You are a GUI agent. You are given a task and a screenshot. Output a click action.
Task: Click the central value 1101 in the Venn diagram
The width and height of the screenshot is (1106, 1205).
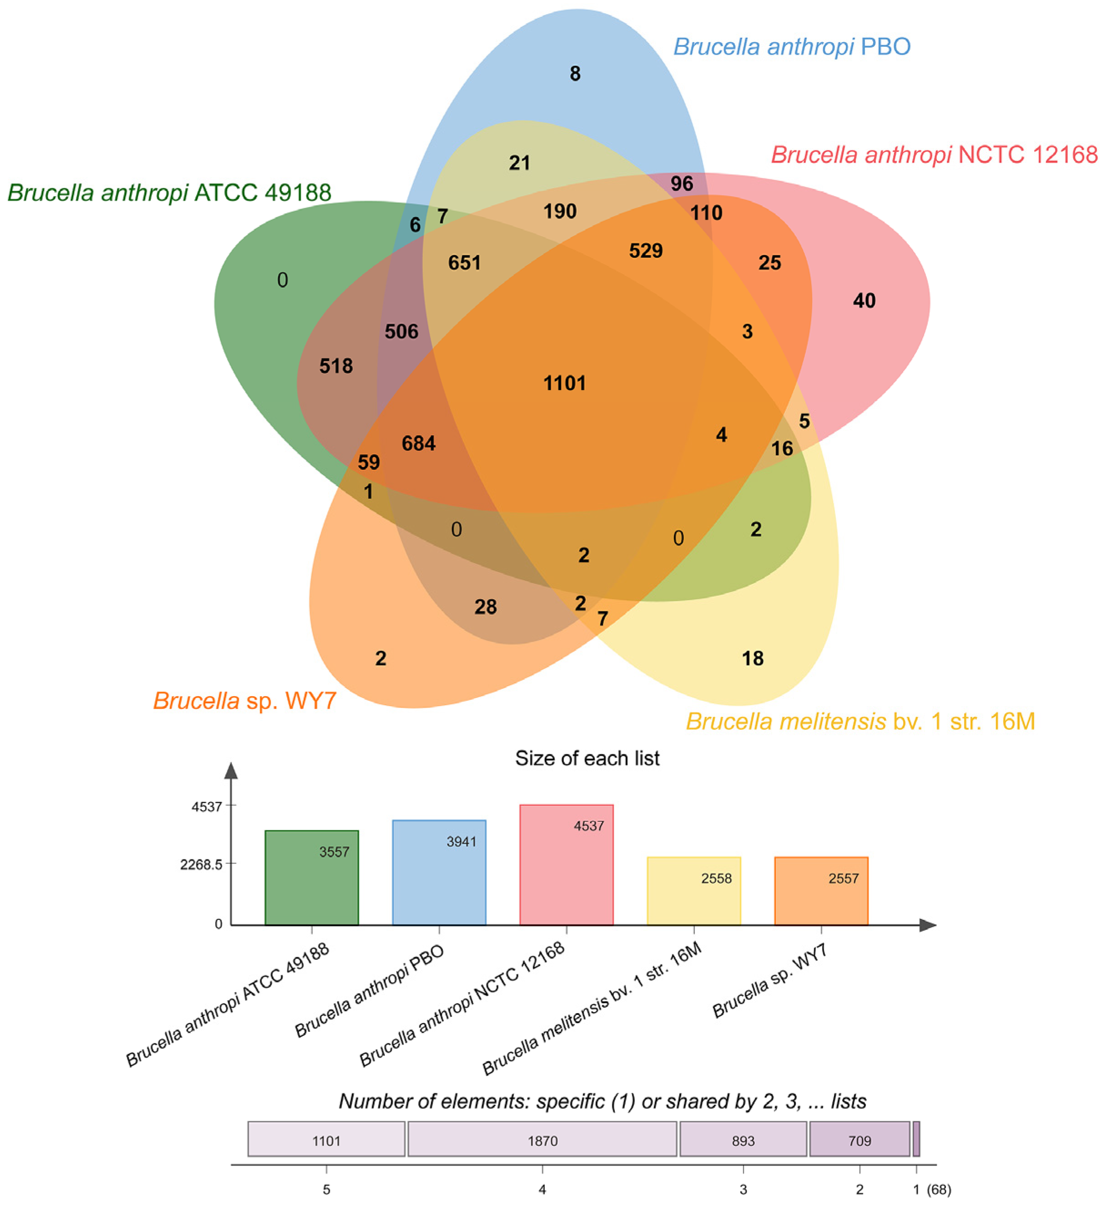tap(564, 383)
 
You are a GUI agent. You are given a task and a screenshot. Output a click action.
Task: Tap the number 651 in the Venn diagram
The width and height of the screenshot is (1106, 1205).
tap(464, 263)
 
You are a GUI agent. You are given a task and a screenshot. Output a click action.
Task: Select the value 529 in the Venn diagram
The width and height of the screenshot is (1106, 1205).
tap(646, 250)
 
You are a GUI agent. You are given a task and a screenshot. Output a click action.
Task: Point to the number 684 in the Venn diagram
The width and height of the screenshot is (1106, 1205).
tap(418, 443)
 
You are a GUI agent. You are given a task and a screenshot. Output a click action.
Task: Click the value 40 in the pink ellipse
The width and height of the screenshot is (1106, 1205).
tap(864, 301)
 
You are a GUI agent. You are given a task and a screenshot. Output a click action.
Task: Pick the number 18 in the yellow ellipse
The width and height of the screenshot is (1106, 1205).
tap(752, 659)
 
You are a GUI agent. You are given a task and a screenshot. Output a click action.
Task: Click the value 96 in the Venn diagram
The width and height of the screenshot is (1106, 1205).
tap(682, 184)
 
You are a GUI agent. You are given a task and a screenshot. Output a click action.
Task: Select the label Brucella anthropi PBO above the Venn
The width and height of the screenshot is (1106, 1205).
tap(792, 47)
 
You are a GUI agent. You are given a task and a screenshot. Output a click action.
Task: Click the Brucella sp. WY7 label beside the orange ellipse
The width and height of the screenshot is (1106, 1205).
tap(245, 701)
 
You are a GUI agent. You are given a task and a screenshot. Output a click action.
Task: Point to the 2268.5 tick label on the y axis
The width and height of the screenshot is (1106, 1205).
tap(201, 864)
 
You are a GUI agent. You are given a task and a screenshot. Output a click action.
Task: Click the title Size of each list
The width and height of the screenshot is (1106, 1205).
tap(587, 758)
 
